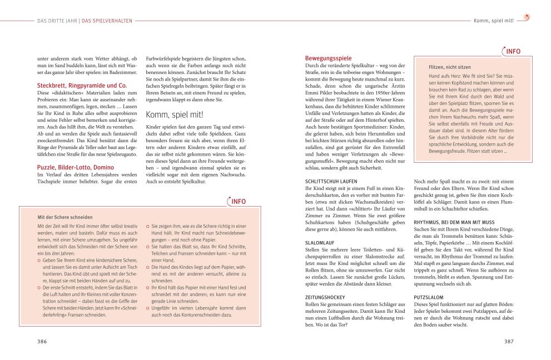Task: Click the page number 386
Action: point(42,341)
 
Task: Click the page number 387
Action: point(508,341)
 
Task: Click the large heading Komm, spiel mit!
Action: point(175,115)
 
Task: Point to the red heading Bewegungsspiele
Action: point(328,58)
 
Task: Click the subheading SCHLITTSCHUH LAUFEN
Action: point(331,181)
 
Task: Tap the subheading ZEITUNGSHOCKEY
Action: point(325,297)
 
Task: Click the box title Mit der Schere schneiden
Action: point(65,217)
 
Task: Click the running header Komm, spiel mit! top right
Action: point(493,21)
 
